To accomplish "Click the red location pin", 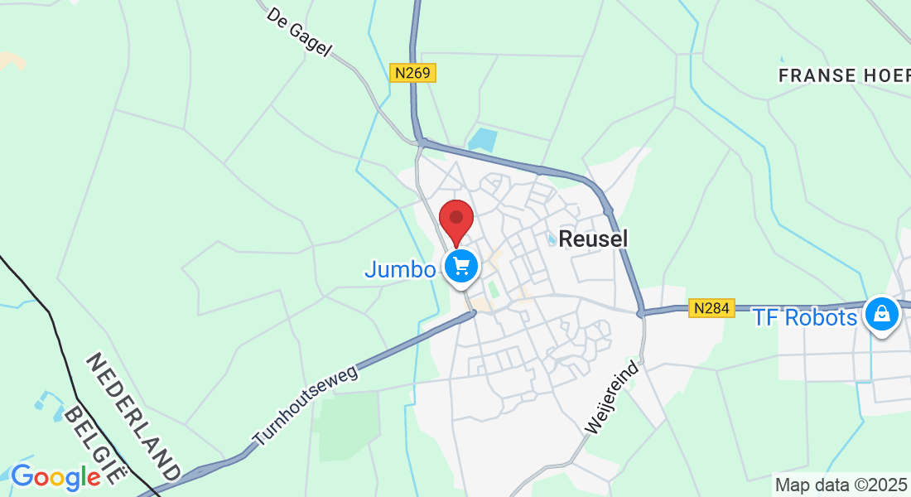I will [455, 219].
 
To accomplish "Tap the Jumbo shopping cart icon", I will [461, 267].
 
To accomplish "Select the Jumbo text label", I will [400, 270].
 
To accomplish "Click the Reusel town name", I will [594, 239].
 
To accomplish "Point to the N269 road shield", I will [412, 73].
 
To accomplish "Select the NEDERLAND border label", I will [133, 417].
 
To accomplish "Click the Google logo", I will [55, 477].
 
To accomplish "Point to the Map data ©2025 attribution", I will [841, 484].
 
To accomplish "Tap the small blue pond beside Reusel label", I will [552, 239].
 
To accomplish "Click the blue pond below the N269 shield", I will [483, 139].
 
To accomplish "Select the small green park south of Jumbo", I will [494, 290].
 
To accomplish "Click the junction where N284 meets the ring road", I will [641, 313].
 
